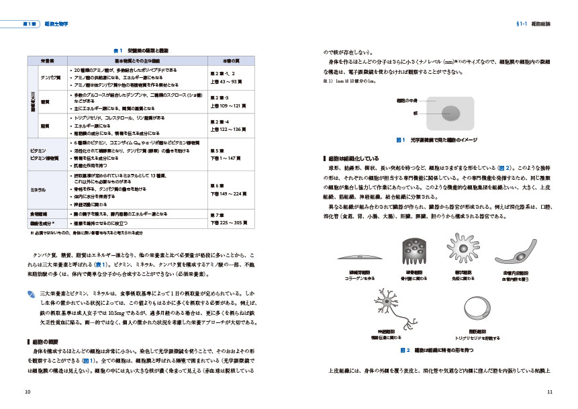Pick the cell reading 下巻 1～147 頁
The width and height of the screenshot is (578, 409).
click(220, 156)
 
